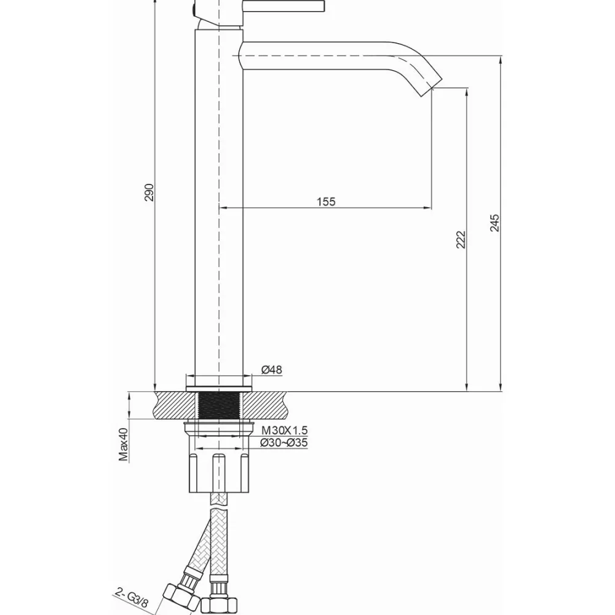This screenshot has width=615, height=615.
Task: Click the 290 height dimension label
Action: [x=149, y=192]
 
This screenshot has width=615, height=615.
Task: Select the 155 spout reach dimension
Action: [x=326, y=202]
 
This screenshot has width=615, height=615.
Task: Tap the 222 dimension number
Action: [x=461, y=239]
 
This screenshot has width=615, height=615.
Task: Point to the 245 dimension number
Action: [x=495, y=223]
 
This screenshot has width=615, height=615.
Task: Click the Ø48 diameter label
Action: [x=272, y=370]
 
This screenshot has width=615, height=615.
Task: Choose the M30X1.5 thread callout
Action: [x=284, y=430]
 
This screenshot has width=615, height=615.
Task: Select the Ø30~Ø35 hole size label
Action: [x=284, y=443]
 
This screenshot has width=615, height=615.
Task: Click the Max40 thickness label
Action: [x=124, y=444]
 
